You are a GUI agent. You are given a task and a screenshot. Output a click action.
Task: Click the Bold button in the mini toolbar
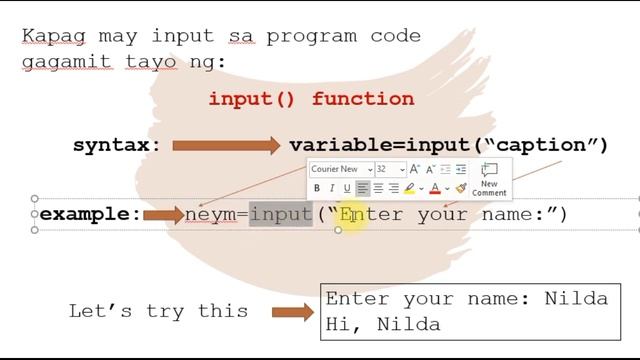317,188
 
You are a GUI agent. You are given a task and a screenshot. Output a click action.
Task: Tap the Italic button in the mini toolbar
332,188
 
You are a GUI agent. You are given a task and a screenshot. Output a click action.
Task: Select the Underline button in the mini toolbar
347,188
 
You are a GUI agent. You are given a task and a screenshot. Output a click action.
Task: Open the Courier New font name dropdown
341,169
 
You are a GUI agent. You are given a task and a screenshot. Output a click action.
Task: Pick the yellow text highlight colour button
411,188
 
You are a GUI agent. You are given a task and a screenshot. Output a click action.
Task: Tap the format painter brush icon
460,188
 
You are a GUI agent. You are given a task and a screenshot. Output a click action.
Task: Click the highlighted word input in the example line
281,214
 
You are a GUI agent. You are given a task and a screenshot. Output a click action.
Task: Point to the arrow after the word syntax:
226,146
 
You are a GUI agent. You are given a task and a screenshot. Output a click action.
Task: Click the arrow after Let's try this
293,312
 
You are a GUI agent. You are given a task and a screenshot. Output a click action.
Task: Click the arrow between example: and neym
163,214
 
